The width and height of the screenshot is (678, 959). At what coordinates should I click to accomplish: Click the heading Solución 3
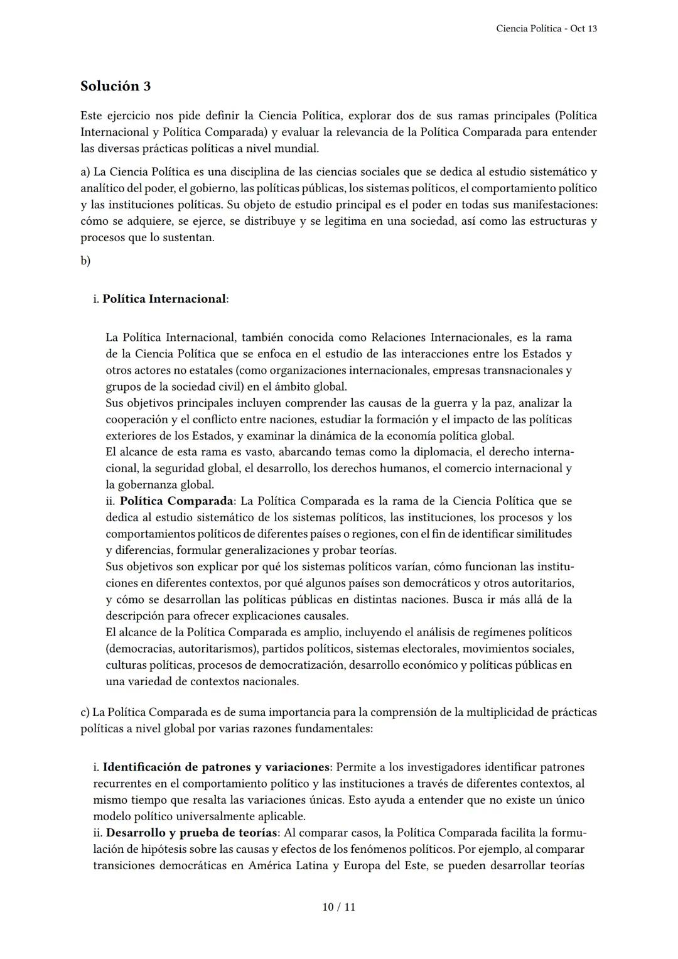click(x=116, y=86)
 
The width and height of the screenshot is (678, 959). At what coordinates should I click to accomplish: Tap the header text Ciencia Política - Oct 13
click(x=546, y=29)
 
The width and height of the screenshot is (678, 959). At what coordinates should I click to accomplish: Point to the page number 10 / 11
click(x=339, y=907)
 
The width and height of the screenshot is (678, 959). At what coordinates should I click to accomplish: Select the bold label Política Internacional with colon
click(x=165, y=299)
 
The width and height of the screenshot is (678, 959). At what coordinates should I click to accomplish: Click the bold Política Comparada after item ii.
click(x=176, y=501)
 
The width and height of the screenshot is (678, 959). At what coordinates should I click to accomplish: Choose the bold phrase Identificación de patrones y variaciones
click(x=216, y=767)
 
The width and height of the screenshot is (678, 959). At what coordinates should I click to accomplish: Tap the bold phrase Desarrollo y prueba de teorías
click(x=192, y=833)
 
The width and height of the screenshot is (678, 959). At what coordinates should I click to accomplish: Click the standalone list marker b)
click(x=85, y=261)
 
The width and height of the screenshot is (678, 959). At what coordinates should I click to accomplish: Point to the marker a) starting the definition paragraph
click(x=85, y=172)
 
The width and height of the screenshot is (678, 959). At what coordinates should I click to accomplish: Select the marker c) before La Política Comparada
click(x=85, y=712)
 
